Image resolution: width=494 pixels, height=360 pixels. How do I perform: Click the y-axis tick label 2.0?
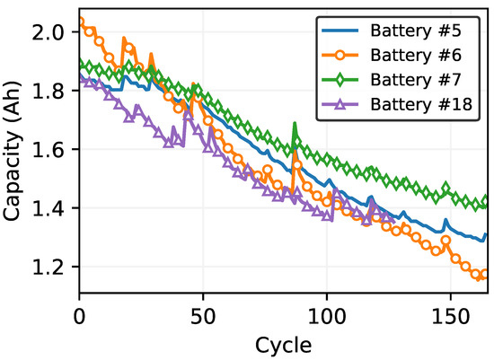point(54,32)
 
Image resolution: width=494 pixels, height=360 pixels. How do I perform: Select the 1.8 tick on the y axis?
point(54,91)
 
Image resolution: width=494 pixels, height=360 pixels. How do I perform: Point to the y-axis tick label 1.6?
point(54,150)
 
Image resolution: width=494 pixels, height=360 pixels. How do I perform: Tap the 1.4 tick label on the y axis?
point(54,208)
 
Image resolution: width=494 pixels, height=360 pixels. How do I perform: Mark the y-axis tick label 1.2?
point(54,268)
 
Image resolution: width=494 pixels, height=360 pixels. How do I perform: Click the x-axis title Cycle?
point(284,344)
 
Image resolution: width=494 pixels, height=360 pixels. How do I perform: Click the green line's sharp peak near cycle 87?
point(294,125)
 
